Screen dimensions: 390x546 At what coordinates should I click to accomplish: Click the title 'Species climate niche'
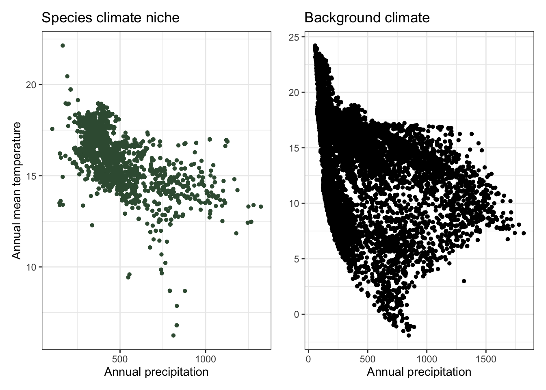tap(110, 18)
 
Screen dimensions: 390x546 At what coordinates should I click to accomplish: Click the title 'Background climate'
tap(366, 18)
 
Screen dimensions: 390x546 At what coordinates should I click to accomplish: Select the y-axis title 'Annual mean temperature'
tap(16, 190)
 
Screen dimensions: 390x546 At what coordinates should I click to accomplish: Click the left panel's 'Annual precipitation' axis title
tap(156, 372)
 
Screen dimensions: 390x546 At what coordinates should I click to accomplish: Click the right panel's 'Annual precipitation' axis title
tap(419, 372)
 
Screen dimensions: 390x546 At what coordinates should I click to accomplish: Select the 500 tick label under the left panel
tap(120, 359)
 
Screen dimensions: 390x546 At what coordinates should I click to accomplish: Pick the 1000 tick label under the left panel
tap(206, 359)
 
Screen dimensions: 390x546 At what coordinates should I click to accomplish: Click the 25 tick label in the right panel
tap(293, 37)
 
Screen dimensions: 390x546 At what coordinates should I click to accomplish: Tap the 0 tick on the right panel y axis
tap(296, 314)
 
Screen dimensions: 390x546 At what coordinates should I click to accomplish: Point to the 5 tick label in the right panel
tap(296, 259)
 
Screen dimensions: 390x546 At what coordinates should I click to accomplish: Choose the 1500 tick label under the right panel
tap(486, 359)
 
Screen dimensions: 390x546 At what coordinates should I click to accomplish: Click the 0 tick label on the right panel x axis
tap(308, 359)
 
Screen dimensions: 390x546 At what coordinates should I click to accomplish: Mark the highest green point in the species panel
tap(63, 45)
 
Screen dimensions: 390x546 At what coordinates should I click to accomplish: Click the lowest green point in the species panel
tap(173, 336)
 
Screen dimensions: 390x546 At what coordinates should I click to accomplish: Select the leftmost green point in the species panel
tap(52, 129)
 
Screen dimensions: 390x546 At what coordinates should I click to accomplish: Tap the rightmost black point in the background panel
tap(523, 233)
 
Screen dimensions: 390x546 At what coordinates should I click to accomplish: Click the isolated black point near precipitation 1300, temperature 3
tap(464, 281)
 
